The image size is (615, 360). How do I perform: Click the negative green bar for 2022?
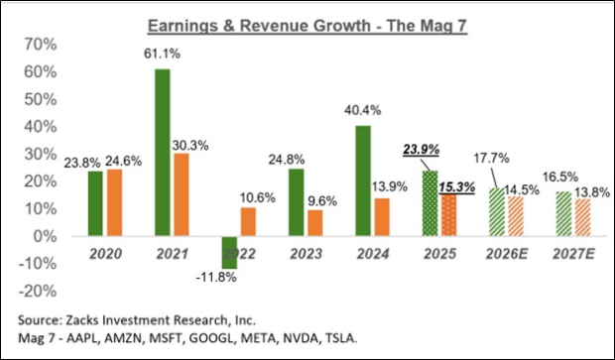[x=229, y=252]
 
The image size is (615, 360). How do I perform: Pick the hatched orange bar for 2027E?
[x=583, y=217]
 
